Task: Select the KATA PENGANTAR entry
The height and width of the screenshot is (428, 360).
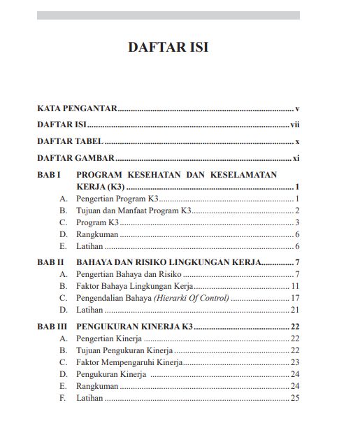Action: point(77,109)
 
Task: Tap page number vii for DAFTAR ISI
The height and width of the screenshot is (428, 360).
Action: point(295,125)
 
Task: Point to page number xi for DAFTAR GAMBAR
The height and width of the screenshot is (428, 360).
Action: point(296,158)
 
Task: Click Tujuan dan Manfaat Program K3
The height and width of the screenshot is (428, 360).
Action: point(134,211)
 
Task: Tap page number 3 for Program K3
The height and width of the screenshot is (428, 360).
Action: point(297,222)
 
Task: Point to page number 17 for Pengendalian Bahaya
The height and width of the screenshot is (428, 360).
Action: point(295,298)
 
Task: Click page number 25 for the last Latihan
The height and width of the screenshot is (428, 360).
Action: point(295,398)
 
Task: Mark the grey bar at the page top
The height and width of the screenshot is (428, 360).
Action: point(168,15)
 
